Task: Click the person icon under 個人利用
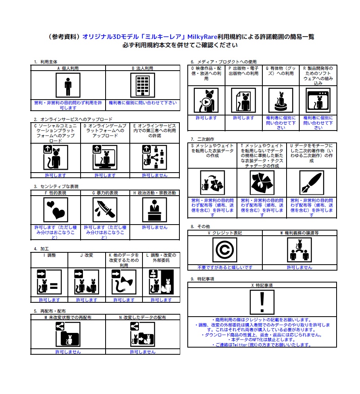click(68, 85)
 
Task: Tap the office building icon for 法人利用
click(142, 85)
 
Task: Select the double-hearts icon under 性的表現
click(56, 209)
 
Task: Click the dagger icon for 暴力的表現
click(105, 209)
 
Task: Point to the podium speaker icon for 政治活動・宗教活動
click(154, 209)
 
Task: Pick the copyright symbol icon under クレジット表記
click(225, 250)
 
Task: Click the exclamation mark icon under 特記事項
click(262, 302)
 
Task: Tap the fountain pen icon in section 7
click(312, 183)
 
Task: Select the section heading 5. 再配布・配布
click(50, 311)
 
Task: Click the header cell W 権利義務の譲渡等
click(299, 233)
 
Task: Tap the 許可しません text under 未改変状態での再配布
click(68, 352)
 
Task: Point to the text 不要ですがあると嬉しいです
click(225, 267)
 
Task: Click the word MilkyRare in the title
click(202, 37)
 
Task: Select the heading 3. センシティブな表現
click(56, 186)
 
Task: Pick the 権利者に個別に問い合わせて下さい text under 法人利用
click(142, 103)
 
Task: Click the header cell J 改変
click(87, 255)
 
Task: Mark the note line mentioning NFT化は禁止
click(262, 340)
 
